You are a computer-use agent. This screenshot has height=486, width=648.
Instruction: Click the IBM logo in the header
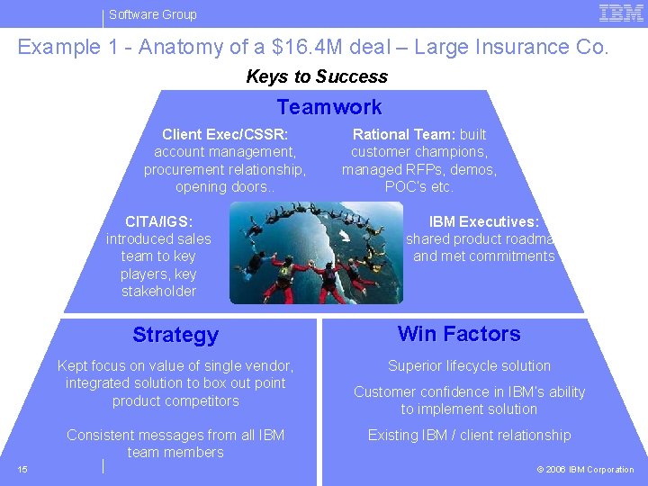point(621,13)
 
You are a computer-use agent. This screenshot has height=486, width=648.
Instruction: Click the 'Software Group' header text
point(153,14)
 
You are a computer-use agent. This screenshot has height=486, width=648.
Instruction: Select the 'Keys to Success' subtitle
point(317,76)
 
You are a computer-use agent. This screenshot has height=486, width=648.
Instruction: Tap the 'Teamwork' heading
point(329,107)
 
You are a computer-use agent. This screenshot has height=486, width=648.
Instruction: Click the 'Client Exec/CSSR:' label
point(225,134)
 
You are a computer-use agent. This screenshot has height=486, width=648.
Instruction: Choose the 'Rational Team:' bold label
point(405,134)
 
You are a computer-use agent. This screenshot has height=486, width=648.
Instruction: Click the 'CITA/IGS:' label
point(158,221)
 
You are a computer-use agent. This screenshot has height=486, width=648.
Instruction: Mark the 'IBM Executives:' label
point(483,221)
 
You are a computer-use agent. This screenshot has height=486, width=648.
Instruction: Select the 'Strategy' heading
point(175,335)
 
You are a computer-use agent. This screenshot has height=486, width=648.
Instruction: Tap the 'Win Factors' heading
point(459,334)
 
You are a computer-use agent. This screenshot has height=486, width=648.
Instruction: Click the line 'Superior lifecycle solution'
point(469,365)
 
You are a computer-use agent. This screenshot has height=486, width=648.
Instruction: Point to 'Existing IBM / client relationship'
point(469,436)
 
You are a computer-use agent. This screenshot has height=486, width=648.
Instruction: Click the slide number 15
point(22,469)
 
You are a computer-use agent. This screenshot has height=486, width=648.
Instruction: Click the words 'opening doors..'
point(225,187)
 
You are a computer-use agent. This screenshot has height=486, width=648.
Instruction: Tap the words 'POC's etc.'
point(418,187)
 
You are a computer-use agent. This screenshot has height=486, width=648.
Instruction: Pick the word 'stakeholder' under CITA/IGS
point(158,291)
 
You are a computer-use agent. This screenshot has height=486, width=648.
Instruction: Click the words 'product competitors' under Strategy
point(175,400)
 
